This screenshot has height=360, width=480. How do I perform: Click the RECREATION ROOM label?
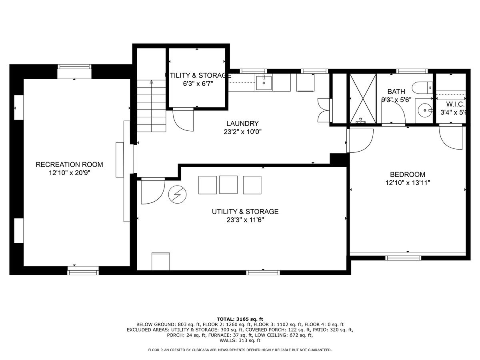(x=69, y=164)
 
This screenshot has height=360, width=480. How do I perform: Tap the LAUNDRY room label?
(x=242, y=124)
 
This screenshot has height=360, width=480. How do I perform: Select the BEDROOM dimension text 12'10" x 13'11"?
(x=407, y=183)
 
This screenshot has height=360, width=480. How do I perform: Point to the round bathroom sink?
(x=423, y=109)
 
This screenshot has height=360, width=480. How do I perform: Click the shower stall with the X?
(x=363, y=98)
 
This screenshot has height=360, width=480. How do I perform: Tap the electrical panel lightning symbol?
(x=177, y=195)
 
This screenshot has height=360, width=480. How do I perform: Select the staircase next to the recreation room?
(x=151, y=106)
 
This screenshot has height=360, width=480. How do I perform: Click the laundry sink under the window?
(x=264, y=83)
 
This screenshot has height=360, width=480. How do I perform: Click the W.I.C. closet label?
(x=452, y=104)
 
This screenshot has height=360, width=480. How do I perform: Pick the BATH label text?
(x=396, y=91)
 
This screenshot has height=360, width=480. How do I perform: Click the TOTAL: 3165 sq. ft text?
(x=240, y=319)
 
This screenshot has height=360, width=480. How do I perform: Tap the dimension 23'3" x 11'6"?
(x=245, y=220)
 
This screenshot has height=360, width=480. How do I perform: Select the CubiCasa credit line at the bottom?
(x=240, y=350)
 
